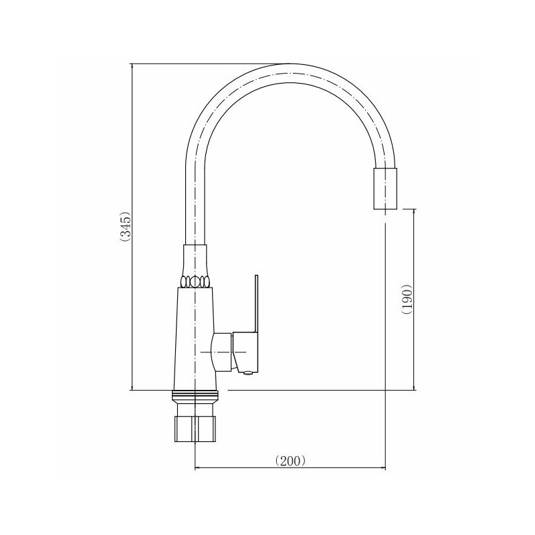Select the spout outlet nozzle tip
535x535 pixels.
(386, 189)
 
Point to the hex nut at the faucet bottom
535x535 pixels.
(195, 429)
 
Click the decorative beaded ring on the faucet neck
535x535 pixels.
(195, 282)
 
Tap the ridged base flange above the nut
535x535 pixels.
(195, 397)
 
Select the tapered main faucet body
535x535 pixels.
(195, 338)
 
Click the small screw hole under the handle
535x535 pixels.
(248, 373)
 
